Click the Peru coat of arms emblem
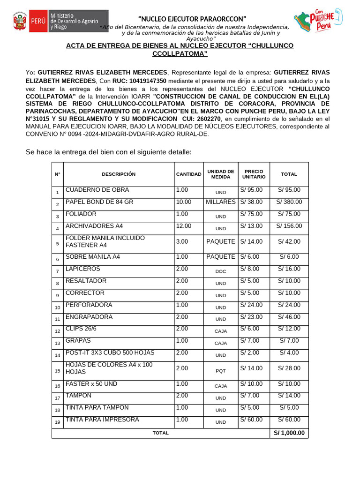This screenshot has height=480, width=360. pyautogui.click(x=20, y=22)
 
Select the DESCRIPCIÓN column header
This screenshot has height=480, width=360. pyautogui.click(x=119, y=174)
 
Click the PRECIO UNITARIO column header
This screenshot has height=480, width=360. pyautogui.click(x=254, y=174)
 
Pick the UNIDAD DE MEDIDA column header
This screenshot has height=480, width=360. pyautogui.click(x=220, y=174)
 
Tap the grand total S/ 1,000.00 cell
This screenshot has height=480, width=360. pyautogui.click(x=289, y=433)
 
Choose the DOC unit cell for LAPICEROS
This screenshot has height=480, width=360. pyautogui.click(x=220, y=271)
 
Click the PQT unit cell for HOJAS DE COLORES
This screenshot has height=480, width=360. pyautogui.click(x=220, y=371)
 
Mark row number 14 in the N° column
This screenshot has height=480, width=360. pyautogui.click(x=57, y=355)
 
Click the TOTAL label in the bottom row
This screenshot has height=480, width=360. pyautogui.click(x=160, y=433)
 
